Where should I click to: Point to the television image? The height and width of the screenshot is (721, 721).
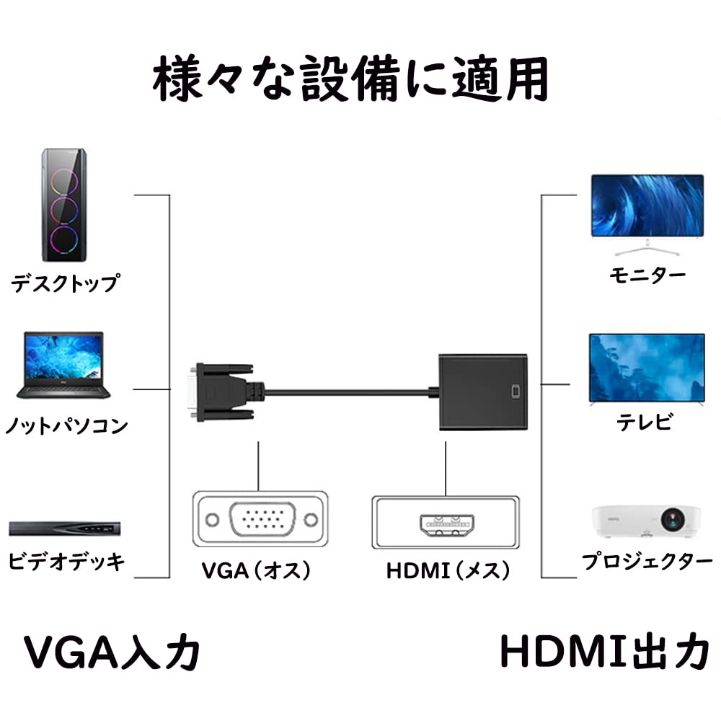[x=647, y=368]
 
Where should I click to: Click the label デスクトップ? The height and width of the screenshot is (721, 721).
[x=64, y=283]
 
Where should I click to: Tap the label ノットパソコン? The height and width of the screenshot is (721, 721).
[x=66, y=425]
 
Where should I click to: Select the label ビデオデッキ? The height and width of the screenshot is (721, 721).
[x=66, y=561]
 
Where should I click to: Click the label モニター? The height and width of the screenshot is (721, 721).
[x=647, y=275]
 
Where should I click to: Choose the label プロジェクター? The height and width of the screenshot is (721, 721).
[x=646, y=561]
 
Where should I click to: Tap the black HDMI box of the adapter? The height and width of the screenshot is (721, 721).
[x=483, y=392]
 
